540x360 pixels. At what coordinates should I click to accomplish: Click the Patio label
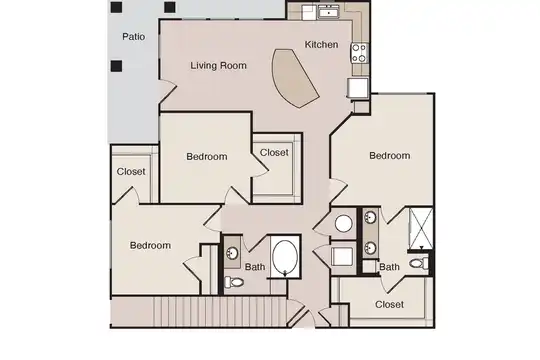tap(134, 37)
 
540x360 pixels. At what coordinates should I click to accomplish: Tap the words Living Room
tap(219, 65)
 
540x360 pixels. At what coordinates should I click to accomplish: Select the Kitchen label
tap(321, 44)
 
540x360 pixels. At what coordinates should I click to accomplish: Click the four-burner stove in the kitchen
tap(359, 53)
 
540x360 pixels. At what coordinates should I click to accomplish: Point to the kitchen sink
tap(329, 13)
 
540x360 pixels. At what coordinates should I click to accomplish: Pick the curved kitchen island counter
tap(293, 78)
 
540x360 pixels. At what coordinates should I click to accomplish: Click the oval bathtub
tap(285, 258)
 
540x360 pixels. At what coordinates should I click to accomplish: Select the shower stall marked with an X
tap(421, 228)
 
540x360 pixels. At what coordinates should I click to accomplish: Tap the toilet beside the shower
tap(419, 264)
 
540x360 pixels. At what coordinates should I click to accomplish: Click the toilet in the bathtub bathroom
tap(234, 282)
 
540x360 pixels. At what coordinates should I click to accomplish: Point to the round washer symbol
tap(344, 224)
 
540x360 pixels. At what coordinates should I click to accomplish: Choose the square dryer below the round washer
tap(342, 257)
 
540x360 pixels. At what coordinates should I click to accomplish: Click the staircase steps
tap(219, 312)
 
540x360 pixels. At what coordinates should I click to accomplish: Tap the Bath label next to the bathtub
tap(255, 267)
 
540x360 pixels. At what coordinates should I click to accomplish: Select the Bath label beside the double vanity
tap(390, 267)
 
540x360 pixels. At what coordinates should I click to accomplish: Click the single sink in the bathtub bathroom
tap(232, 254)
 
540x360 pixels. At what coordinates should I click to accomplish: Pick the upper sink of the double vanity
tap(371, 218)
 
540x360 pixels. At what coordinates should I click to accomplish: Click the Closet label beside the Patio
tap(131, 172)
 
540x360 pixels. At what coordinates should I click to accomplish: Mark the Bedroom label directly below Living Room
tap(207, 157)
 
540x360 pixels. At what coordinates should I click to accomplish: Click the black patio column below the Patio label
tap(116, 66)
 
